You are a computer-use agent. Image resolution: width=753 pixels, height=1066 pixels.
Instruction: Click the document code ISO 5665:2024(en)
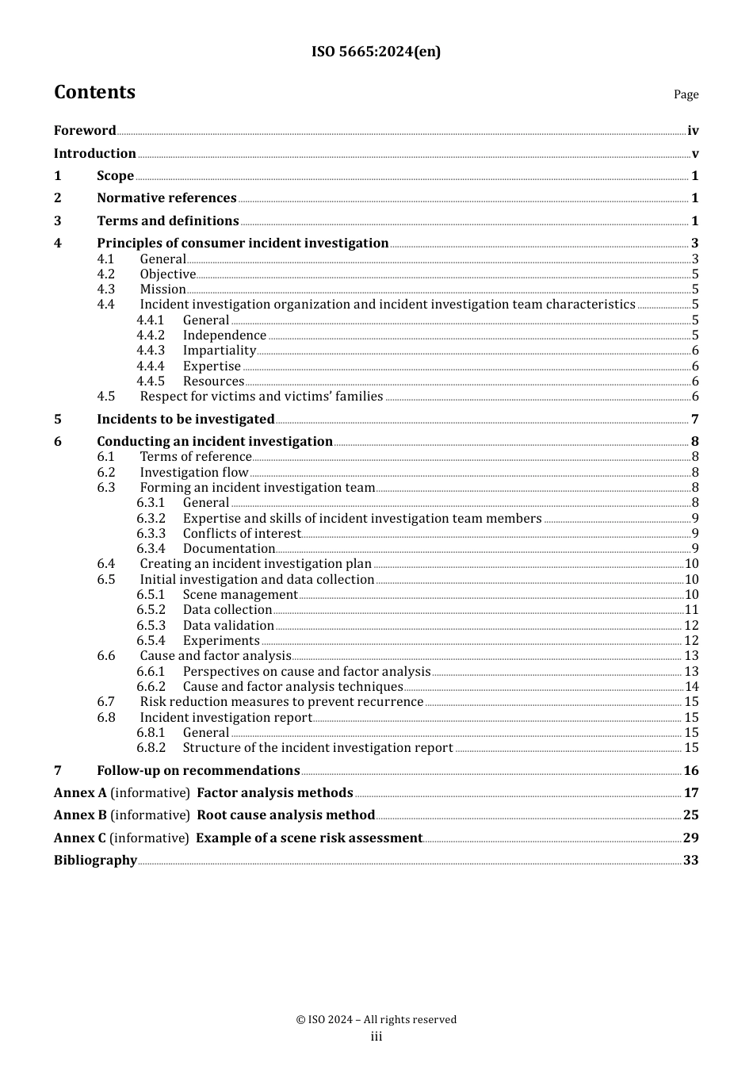click(x=376, y=52)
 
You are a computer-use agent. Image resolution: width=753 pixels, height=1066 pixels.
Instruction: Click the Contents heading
click(x=94, y=92)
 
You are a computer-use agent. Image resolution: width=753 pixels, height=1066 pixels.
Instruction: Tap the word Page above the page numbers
click(x=686, y=94)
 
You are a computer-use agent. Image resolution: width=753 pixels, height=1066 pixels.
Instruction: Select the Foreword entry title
click(x=85, y=131)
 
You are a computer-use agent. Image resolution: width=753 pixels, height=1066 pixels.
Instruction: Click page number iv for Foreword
click(x=693, y=131)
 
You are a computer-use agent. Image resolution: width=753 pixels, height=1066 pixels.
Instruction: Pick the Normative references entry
click(x=166, y=198)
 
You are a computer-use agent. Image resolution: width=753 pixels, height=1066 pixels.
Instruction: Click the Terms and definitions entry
click(x=167, y=221)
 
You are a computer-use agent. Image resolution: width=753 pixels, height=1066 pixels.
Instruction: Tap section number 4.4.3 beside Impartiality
click(x=151, y=351)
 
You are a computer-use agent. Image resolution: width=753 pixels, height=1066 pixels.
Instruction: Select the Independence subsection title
click(x=224, y=336)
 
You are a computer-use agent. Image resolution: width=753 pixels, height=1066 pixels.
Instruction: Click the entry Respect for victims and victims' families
click(x=261, y=397)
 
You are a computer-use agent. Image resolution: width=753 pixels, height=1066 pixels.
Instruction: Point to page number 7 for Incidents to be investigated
click(x=694, y=420)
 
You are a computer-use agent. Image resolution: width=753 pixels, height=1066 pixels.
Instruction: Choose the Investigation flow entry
click(x=194, y=473)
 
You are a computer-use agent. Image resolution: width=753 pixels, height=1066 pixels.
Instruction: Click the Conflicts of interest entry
click(x=242, y=534)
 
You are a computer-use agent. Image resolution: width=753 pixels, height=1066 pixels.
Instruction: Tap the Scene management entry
click(x=240, y=595)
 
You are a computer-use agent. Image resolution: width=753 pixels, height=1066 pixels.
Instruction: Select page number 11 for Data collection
click(x=691, y=610)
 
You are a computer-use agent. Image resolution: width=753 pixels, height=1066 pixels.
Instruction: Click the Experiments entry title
click(x=221, y=641)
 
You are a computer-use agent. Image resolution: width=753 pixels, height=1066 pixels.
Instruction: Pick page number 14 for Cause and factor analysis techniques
click(x=691, y=687)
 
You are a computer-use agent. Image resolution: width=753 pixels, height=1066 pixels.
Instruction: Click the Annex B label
click(x=80, y=815)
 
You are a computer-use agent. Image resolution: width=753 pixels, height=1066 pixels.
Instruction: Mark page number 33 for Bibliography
click(x=690, y=861)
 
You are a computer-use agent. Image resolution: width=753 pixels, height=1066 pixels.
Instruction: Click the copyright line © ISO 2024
click(x=376, y=1020)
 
